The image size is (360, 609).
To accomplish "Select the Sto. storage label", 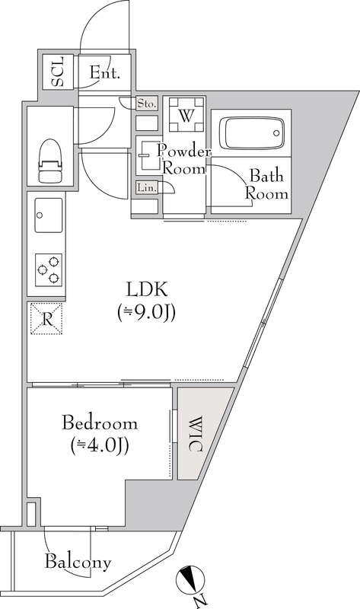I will point(147,104).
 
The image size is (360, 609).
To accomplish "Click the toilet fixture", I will point(50,159).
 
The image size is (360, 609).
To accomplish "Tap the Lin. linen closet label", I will point(146,188).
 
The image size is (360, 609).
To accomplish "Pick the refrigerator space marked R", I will point(46,318).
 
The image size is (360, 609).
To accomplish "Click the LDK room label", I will point(147,289).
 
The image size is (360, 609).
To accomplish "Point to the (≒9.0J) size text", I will point(147,312).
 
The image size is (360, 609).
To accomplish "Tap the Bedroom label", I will point(100,423).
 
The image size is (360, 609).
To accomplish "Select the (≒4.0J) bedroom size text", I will point(100,445).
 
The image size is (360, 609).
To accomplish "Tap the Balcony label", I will point(78,563).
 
